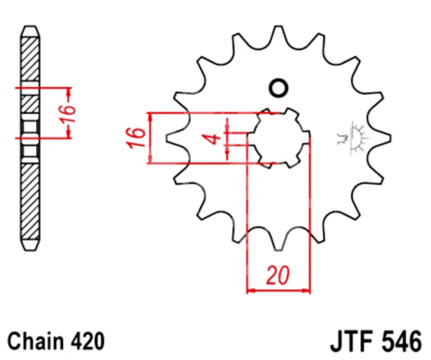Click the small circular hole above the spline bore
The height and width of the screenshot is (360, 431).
278,88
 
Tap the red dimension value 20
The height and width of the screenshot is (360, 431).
278,276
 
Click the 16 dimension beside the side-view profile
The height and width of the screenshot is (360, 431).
68,114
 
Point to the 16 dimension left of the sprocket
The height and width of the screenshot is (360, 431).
136,138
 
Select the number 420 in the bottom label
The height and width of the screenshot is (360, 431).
87,341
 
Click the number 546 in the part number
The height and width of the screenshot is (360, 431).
402,342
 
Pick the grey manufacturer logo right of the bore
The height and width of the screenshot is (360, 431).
353,138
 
